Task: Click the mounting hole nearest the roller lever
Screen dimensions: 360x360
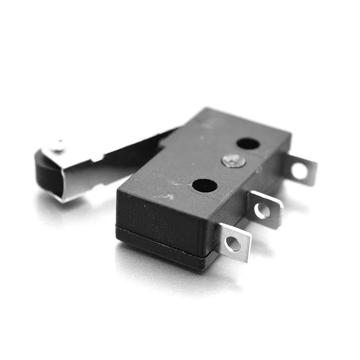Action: coord(248,144)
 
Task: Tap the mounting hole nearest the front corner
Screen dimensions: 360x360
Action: coord(204,185)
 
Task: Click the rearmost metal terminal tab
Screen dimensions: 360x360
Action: coord(300,170)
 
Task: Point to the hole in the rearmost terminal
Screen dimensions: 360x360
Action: coord(300,171)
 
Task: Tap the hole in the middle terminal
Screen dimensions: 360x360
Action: coord(262,211)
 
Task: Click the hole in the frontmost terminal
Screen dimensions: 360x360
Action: coord(233,244)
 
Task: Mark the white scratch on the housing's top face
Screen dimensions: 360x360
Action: coord(167,196)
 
